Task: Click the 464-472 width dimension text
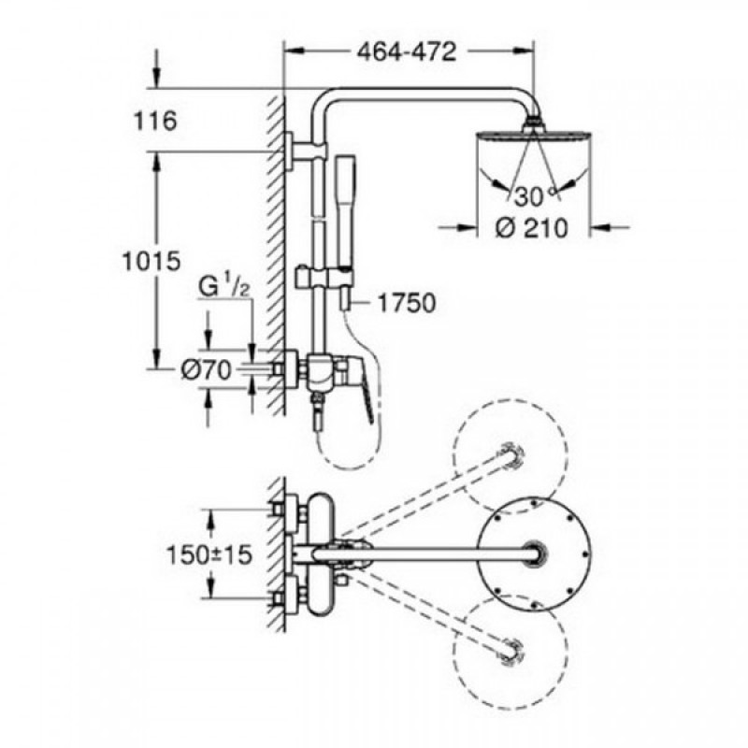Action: (x=407, y=51)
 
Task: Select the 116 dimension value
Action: (x=154, y=121)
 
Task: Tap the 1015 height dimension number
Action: (x=151, y=261)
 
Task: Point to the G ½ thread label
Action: (x=223, y=288)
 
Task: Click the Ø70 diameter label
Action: (x=206, y=369)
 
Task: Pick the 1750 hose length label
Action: (x=407, y=303)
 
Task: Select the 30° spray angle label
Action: (x=534, y=196)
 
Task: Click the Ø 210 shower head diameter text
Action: (x=532, y=228)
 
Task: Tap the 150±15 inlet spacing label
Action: (x=209, y=554)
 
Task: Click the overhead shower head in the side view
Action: (x=534, y=136)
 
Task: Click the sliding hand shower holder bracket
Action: (x=324, y=278)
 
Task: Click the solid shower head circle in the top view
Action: (x=534, y=554)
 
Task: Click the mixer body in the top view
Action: (x=320, y=554)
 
